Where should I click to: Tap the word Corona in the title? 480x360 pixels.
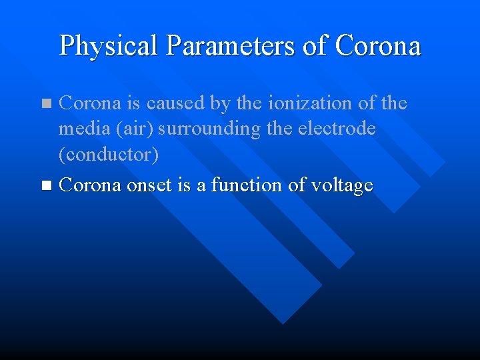click(x=378, y=46)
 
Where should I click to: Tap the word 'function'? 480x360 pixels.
click(x=247, y=185)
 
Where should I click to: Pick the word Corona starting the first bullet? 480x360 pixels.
click(x=91, y=103)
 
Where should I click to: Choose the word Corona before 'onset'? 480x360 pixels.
click(x=91, y=185)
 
